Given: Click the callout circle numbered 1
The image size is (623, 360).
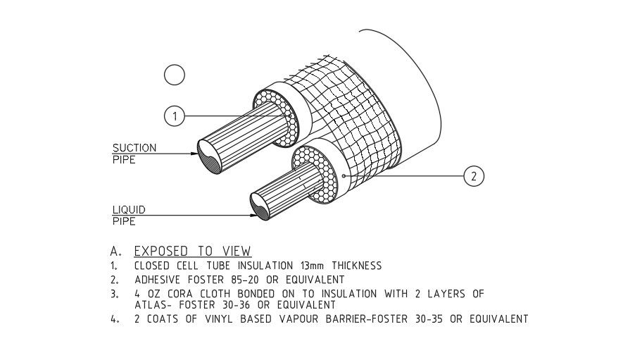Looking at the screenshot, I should (x=175, y=116).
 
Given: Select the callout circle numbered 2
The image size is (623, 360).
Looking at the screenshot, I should (x=474, y=176).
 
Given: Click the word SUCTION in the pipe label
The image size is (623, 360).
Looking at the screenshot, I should (x=134, y=148).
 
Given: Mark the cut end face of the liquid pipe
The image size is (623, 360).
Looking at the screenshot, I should (x=265, y=209).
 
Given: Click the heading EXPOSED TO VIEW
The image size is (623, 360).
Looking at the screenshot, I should (x=192, y=252).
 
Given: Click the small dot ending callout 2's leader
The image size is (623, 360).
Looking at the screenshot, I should (x=343, y=175).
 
